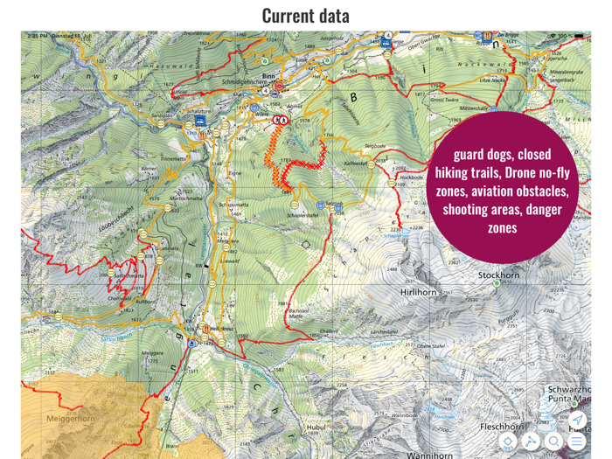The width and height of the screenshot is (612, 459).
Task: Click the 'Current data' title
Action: [305, 15]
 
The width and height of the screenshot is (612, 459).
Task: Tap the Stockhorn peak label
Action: [499, 275]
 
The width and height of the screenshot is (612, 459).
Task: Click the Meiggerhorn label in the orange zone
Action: [70, 419]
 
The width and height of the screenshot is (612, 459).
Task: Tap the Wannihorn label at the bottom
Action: [429, 455]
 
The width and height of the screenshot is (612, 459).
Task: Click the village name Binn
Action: [268, 76]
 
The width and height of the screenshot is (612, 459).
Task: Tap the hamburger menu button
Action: [577, 442]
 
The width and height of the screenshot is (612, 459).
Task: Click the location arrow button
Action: [577, 420]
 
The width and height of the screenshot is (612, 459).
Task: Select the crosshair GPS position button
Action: [509, 442]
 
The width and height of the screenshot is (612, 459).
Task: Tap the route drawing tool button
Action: [532, 442]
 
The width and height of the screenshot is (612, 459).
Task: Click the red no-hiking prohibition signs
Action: [281, 119]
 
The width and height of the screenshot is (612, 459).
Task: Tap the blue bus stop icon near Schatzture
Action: [201, 122]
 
